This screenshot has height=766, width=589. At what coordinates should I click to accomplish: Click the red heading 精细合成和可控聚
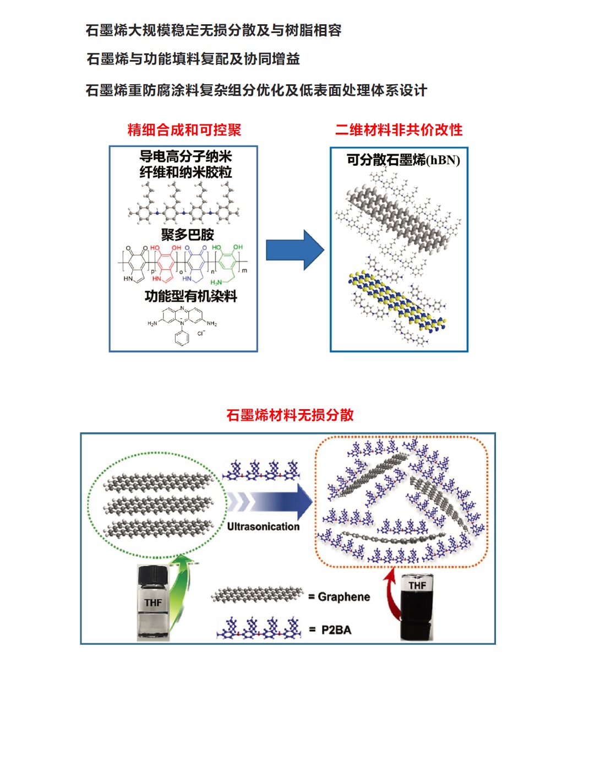coord(184,130)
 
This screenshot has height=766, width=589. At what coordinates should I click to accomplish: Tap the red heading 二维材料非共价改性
coord(399,130)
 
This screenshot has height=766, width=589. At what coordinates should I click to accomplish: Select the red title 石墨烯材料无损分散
coord(290,415)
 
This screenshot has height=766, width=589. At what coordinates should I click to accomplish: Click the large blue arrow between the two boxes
coord(294,250)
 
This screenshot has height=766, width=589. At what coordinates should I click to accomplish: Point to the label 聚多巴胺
coord(187,235)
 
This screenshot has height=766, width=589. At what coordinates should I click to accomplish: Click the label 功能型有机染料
coord(190,296)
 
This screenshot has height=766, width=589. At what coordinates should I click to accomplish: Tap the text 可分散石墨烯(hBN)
coord(403,160)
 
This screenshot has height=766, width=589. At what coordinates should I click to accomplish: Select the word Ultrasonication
coord(263,526)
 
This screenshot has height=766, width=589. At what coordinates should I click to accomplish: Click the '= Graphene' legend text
coord(340,597)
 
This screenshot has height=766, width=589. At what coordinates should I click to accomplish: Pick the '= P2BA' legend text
coord(330,630)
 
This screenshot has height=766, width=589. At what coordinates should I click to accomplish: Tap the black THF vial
coord(417,606)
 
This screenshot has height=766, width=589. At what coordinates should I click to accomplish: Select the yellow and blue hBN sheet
coord(396,300)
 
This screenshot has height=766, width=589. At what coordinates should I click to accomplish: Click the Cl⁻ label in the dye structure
coord(201,333)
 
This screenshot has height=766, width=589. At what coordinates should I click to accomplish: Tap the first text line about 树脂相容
coord(214,30)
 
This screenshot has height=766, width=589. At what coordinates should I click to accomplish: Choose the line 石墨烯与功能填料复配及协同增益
coord(193,59)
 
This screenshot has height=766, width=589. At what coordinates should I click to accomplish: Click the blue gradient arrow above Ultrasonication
coord(270,501)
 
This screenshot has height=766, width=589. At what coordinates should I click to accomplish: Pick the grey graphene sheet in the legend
coord(258,595)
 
